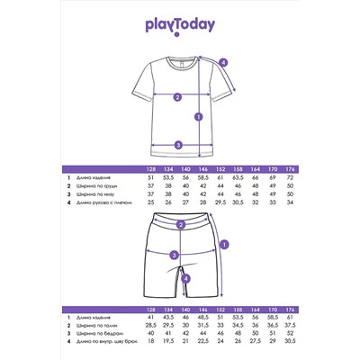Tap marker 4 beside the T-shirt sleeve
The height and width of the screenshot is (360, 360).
223,62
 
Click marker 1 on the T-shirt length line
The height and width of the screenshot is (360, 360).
198,114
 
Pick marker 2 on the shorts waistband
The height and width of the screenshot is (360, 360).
181,225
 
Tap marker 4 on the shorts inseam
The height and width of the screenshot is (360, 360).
185,278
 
